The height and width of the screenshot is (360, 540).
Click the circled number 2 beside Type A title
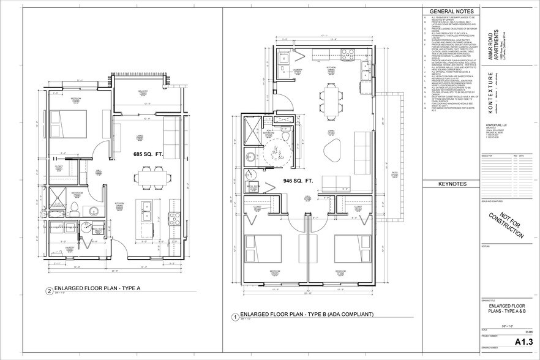[50, 291]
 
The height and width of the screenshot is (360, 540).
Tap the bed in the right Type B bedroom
[351, 241]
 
